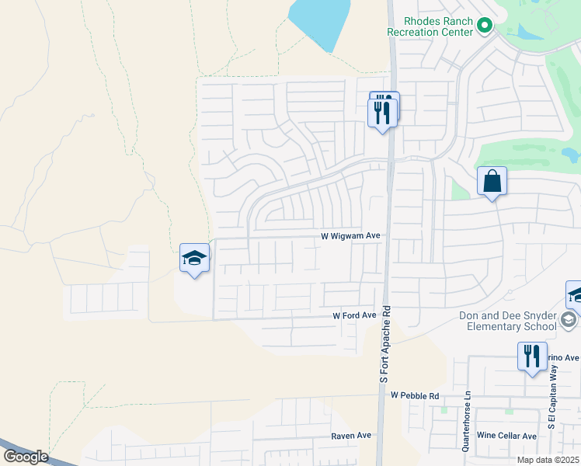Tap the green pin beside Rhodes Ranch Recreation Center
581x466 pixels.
click(x=485, y=26)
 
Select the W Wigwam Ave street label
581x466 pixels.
click(x=350, y=235)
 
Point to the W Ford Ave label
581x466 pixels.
click(x=354, y=316)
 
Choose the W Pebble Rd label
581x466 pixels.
click(x=415, y=395)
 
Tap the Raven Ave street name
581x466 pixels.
click(x=351, y=436)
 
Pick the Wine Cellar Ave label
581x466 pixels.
click(x=506, y=436)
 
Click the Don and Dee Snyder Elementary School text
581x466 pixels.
click(x=509, y=321)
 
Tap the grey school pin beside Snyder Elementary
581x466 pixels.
click(x=569, y=320)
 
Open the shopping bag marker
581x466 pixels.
click(x=492, y=182)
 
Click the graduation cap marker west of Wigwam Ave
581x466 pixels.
click(x=194, y=258)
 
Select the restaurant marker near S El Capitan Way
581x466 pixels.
click(x=532, y=356)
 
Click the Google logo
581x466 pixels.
click(x=26, y=457)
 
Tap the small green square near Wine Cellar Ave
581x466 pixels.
click(x=509, y=410)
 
